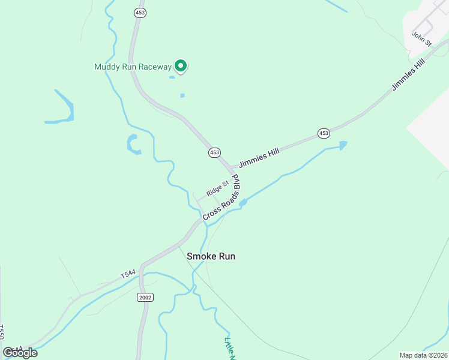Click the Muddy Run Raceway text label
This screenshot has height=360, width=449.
pos(133,67)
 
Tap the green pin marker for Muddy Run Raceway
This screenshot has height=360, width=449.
pos(181,66)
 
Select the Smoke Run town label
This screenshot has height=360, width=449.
pos(211,256)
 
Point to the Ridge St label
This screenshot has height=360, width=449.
pos(217,188)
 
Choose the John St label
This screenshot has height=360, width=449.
pos(421,38)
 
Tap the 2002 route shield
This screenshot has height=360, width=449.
pos(145,297)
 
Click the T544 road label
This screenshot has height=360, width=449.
pos(128,274)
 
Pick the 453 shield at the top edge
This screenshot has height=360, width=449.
pos(140,13)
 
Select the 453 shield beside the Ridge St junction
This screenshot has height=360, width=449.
pos(214,152)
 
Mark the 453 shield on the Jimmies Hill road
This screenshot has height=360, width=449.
pos(324,133)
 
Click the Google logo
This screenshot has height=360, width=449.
pos(20,353)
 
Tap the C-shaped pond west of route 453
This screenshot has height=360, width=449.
pos(132,144)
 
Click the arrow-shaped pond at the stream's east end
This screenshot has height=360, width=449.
pos(343,145)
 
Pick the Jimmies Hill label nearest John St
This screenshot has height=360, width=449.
pos(408,75)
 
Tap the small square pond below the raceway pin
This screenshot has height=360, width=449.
pos(182,95)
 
